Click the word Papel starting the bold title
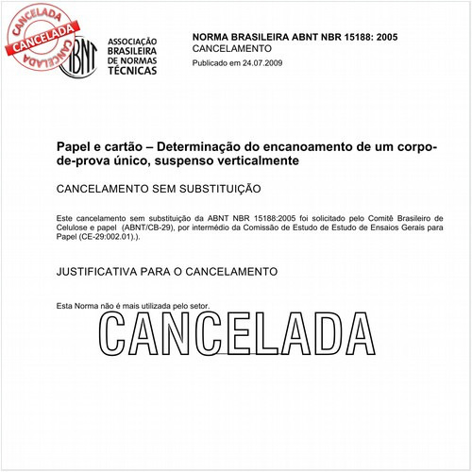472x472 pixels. point(72,147)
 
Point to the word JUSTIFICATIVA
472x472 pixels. point(96,271)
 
